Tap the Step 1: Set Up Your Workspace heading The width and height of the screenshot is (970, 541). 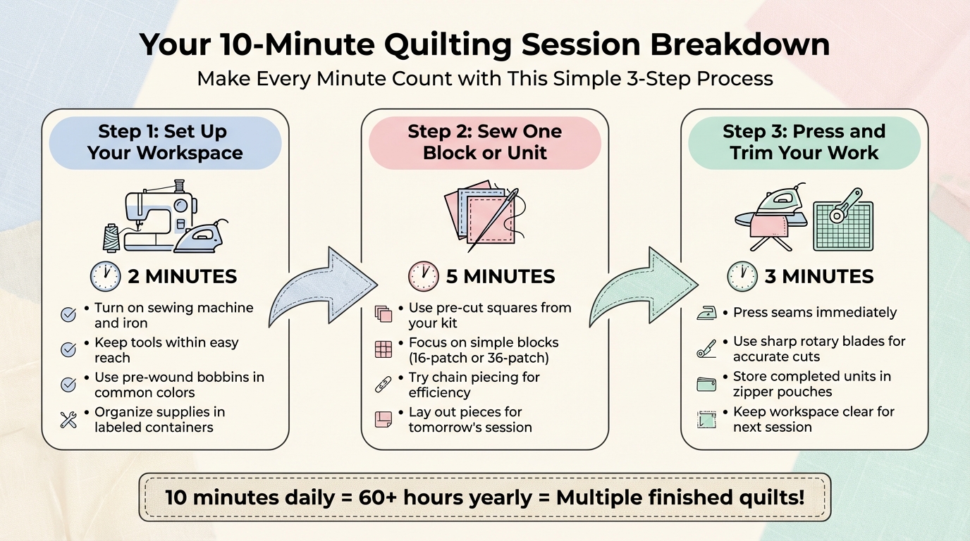pos(165,142)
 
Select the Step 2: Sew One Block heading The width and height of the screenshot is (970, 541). pos(484,142)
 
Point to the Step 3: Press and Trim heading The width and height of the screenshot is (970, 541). pos(804,142)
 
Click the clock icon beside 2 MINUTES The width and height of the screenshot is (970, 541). pos(105,276)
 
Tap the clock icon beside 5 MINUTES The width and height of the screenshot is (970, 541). pos(424,276)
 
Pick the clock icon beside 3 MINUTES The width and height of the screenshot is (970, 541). pos(742,276)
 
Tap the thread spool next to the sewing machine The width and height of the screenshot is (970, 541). pos(111,237)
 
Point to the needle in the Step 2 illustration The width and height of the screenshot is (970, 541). pos(493,218)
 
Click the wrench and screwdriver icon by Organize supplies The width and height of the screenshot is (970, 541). pos(68,421)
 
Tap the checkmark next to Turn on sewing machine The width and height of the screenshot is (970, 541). pos(68,315)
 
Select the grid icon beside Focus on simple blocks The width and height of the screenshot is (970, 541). pos(383,349)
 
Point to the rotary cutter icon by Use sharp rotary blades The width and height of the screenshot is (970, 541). pos(706,348)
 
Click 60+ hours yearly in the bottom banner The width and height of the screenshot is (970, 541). pos(445,497)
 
